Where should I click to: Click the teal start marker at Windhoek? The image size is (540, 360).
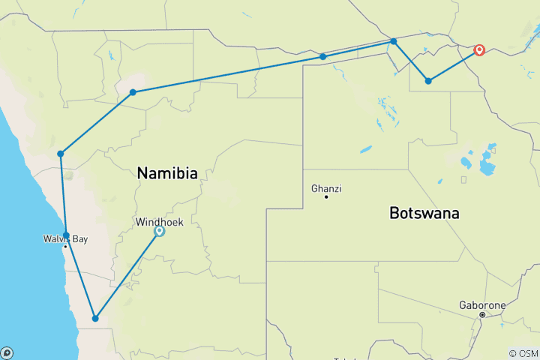pos(159,232)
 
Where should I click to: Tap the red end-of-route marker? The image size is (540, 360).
pos(479,51)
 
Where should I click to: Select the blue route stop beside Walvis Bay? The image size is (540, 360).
pos(66,235)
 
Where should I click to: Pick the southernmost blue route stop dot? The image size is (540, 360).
pos(95,319)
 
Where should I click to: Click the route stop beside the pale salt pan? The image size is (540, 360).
pos(133,92)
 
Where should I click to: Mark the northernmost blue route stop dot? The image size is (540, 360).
pos(394,41)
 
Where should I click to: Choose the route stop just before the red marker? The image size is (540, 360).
pos(428,81)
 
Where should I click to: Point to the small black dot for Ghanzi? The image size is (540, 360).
pos(326,196)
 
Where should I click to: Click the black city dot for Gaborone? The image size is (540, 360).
pos(482,315)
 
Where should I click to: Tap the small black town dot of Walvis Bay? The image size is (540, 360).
pos(66,247)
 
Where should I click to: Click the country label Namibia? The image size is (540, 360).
pos(167,174)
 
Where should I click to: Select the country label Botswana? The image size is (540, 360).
pos(424,213)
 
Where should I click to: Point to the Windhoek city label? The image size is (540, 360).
pos(159,222)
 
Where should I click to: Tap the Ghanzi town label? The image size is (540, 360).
pos(326,188)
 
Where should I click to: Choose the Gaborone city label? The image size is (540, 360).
pos(482,306)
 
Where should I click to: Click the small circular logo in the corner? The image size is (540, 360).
pos(6,352)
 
